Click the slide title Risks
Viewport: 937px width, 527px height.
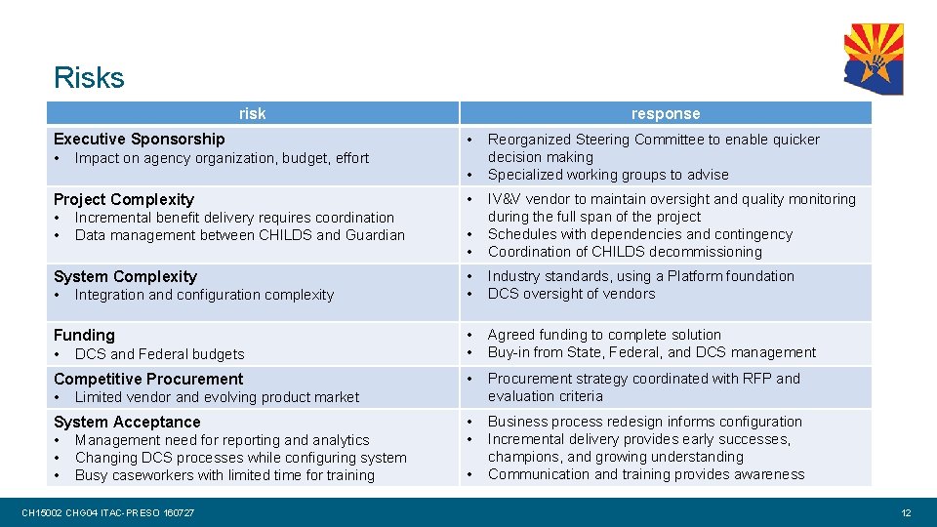point(89,77)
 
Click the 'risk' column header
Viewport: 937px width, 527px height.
point(252,113)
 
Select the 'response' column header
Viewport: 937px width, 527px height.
point(665,113)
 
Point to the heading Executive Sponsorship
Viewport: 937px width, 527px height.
point(139,140)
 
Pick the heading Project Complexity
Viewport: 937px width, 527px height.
point(124,199)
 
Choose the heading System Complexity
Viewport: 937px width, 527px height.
point(125,276)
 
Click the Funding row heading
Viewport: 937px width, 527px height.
point(84,335)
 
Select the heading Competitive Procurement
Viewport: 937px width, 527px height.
point(148,379)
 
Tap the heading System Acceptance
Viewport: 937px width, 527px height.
point(127,422)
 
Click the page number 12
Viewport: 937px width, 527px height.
point(906,512)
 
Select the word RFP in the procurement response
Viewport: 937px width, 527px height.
point(759,379)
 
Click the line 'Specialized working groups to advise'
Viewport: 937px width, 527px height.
point(608,175)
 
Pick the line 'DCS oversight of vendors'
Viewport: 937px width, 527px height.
point(571,294)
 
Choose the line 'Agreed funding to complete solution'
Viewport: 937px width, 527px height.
point(604,335)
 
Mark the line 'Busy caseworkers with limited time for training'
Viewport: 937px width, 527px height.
point(224,475)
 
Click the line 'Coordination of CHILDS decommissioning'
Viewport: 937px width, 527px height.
point(625,252)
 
